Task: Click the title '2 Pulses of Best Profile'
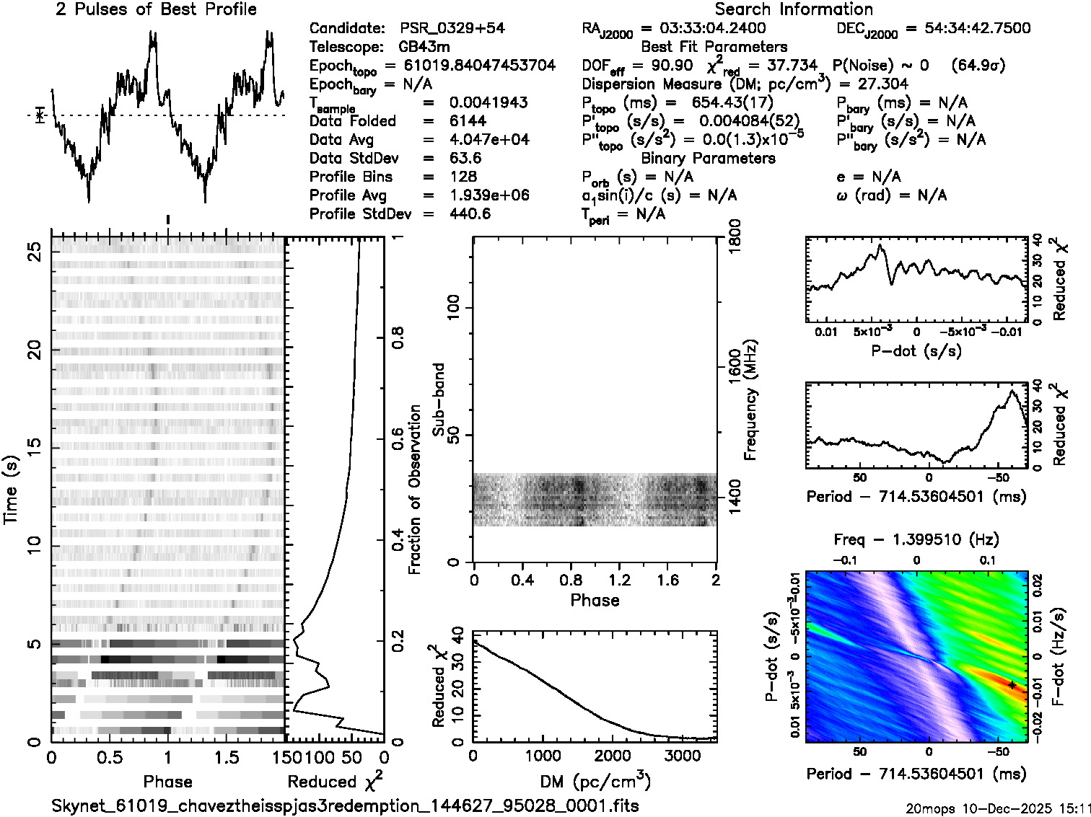click(156, 9)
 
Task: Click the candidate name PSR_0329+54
click(452, 28)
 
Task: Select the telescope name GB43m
click(424, 47)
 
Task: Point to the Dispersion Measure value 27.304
click(881, 84)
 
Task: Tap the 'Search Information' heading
click(794, 9)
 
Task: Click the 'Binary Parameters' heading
click(708, 158)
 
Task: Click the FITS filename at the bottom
click(345, 805)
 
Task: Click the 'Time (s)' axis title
click(12, 490)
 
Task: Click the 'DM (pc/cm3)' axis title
click(595, 781)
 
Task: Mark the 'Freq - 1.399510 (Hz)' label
click(916, 539)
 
